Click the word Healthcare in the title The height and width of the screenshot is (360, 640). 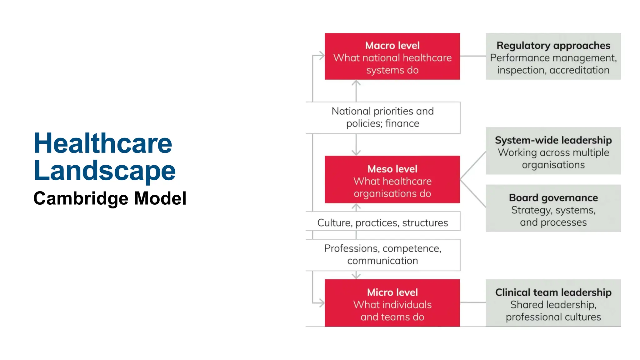pos(103,143)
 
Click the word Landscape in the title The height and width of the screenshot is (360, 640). pos(105,171)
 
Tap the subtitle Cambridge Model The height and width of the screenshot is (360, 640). pos(110,198)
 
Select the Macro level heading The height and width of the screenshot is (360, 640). pos(392,46)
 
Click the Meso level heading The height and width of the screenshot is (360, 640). pos(392,169)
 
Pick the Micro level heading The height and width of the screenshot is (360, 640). pos(392,292)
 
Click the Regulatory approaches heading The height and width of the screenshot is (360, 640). pos(553,46)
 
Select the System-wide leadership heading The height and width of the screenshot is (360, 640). pos(553,140)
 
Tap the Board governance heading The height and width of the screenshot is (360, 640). pos(553,198)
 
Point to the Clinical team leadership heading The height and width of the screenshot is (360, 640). pos(553,292)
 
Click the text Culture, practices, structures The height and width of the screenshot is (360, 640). pos(382,223)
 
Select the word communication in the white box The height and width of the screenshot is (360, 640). pos(382,261)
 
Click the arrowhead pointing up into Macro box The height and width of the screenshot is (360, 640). pos(356,83)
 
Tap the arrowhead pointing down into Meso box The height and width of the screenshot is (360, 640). pos(356,153)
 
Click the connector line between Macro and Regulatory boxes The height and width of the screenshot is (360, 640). pos(473,56)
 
